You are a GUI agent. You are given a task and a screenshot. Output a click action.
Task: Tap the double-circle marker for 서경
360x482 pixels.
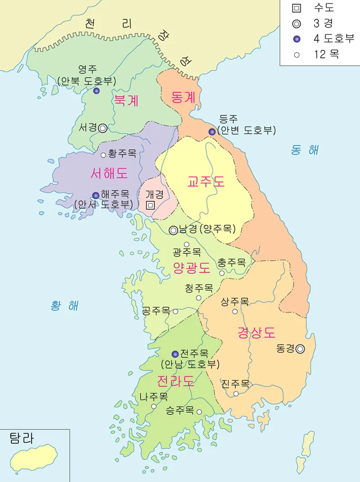coord(103,128)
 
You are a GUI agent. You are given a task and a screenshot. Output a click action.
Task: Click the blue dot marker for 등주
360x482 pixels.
coord(212,132)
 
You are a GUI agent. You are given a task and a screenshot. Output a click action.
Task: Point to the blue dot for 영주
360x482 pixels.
coord(96,91)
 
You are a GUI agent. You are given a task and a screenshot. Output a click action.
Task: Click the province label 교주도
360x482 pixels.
coord(206,182)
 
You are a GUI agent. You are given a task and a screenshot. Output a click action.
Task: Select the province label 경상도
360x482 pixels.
coord(256,333)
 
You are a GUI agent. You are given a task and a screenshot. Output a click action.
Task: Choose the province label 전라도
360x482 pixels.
coord(175,381)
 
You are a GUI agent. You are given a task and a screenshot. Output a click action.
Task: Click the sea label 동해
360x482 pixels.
coord(305,150)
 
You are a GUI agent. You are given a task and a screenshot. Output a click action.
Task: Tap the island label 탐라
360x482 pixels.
coord(21,439)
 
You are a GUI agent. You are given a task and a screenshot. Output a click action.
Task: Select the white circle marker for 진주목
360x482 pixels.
coord(236,394)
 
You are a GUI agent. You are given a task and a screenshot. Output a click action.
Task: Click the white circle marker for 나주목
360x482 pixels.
coord(153,406)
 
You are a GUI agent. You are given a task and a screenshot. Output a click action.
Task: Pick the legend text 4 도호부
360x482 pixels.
coord(333,39)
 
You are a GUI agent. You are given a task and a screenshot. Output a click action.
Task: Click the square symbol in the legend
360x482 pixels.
coord(296,8)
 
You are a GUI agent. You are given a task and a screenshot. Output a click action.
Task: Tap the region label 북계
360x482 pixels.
coord(126,100)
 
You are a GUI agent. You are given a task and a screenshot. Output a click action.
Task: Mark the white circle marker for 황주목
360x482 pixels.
coord(103,155)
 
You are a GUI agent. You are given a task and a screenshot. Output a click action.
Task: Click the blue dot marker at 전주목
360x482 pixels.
coord(175,354)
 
